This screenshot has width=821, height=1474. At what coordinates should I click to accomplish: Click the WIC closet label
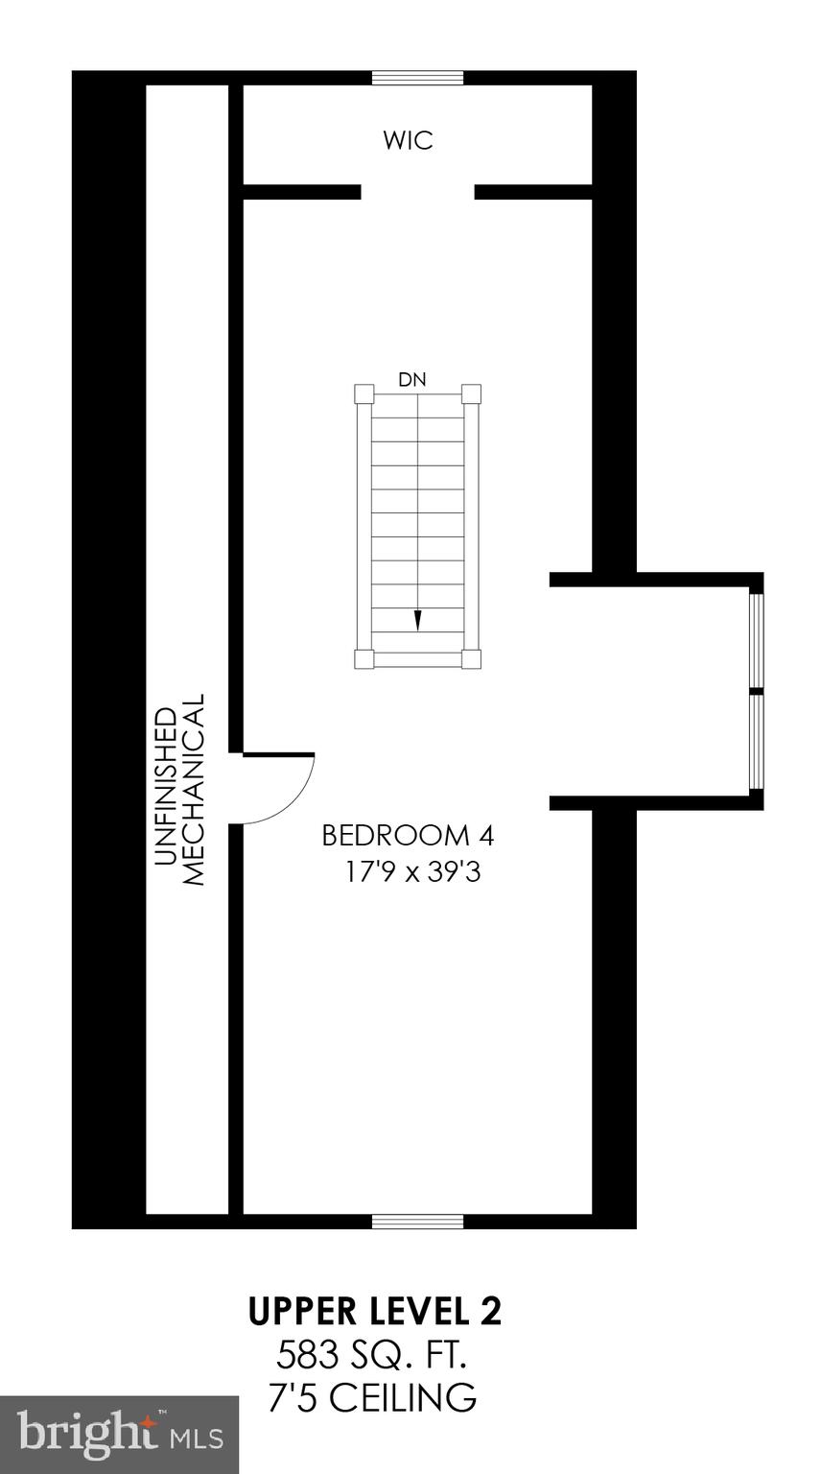408,140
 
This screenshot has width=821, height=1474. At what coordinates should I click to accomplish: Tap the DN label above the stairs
412,380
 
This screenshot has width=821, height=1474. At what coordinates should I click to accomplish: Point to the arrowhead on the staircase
417,620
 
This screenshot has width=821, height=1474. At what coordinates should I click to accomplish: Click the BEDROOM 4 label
408,836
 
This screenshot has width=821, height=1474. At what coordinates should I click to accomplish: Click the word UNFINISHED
166,787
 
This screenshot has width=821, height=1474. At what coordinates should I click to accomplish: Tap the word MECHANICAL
194,789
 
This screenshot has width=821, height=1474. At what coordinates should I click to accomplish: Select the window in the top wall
417,78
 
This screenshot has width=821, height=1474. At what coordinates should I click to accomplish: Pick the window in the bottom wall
417,1221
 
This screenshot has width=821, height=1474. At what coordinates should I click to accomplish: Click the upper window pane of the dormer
756,641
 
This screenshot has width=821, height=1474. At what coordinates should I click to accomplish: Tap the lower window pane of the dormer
756,742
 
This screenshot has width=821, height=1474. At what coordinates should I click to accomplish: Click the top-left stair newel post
364,393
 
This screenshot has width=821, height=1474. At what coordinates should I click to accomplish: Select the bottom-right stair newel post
470,658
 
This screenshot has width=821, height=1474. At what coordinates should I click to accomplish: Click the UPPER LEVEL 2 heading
375,1312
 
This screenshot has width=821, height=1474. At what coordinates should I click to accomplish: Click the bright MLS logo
120,1435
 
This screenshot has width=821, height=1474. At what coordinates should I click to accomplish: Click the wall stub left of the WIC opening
301,192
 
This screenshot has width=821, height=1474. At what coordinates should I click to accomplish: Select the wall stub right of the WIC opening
532,192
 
